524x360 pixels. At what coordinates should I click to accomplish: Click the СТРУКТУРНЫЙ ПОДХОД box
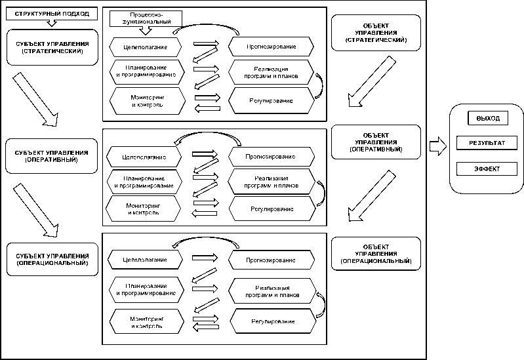[x=52, y=14]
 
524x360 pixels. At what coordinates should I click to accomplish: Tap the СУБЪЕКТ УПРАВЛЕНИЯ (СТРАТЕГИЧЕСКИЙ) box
[x=52, y=47]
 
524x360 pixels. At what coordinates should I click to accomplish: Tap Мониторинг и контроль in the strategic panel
[x=146, y=100]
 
